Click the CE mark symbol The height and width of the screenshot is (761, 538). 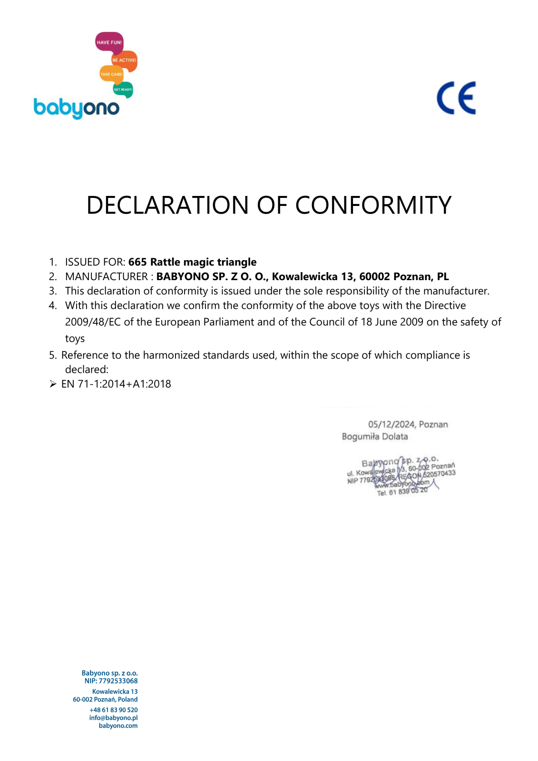point(456,98)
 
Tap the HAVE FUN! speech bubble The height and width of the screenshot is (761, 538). point(109,42)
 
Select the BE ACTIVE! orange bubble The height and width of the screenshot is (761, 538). point(124,60)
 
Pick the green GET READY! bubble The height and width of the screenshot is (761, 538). point(123,89)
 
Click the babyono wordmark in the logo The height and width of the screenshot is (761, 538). point(76,108)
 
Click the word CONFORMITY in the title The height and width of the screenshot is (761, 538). point(373,205)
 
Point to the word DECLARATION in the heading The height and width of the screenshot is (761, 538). point(167,205)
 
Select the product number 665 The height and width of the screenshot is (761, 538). point(137,262)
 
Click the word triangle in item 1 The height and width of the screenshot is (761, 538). point(237,262)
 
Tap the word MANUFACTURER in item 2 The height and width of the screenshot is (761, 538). point(107,276)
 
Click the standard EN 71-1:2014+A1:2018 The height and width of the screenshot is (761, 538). point(116,384)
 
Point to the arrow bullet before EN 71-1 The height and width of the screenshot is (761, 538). point(53,384)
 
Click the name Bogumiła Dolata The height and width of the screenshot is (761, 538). point(375,437)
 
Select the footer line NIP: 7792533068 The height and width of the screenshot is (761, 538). point(111,681)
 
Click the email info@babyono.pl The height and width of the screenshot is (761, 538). point(113,718)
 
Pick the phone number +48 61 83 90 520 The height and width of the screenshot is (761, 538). point(114,710)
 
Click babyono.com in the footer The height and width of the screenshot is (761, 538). point(118,726)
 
